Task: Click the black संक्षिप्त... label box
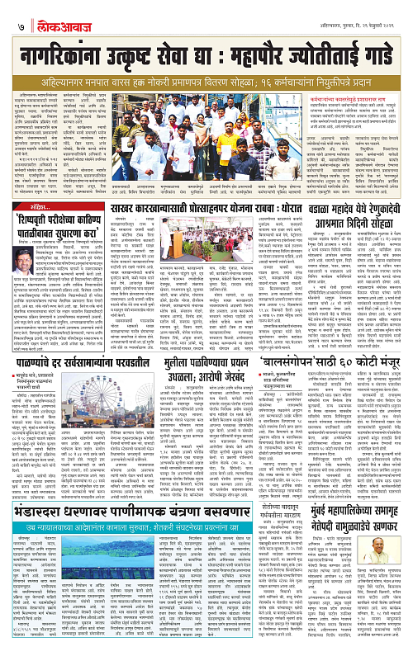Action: click(31, 207)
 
